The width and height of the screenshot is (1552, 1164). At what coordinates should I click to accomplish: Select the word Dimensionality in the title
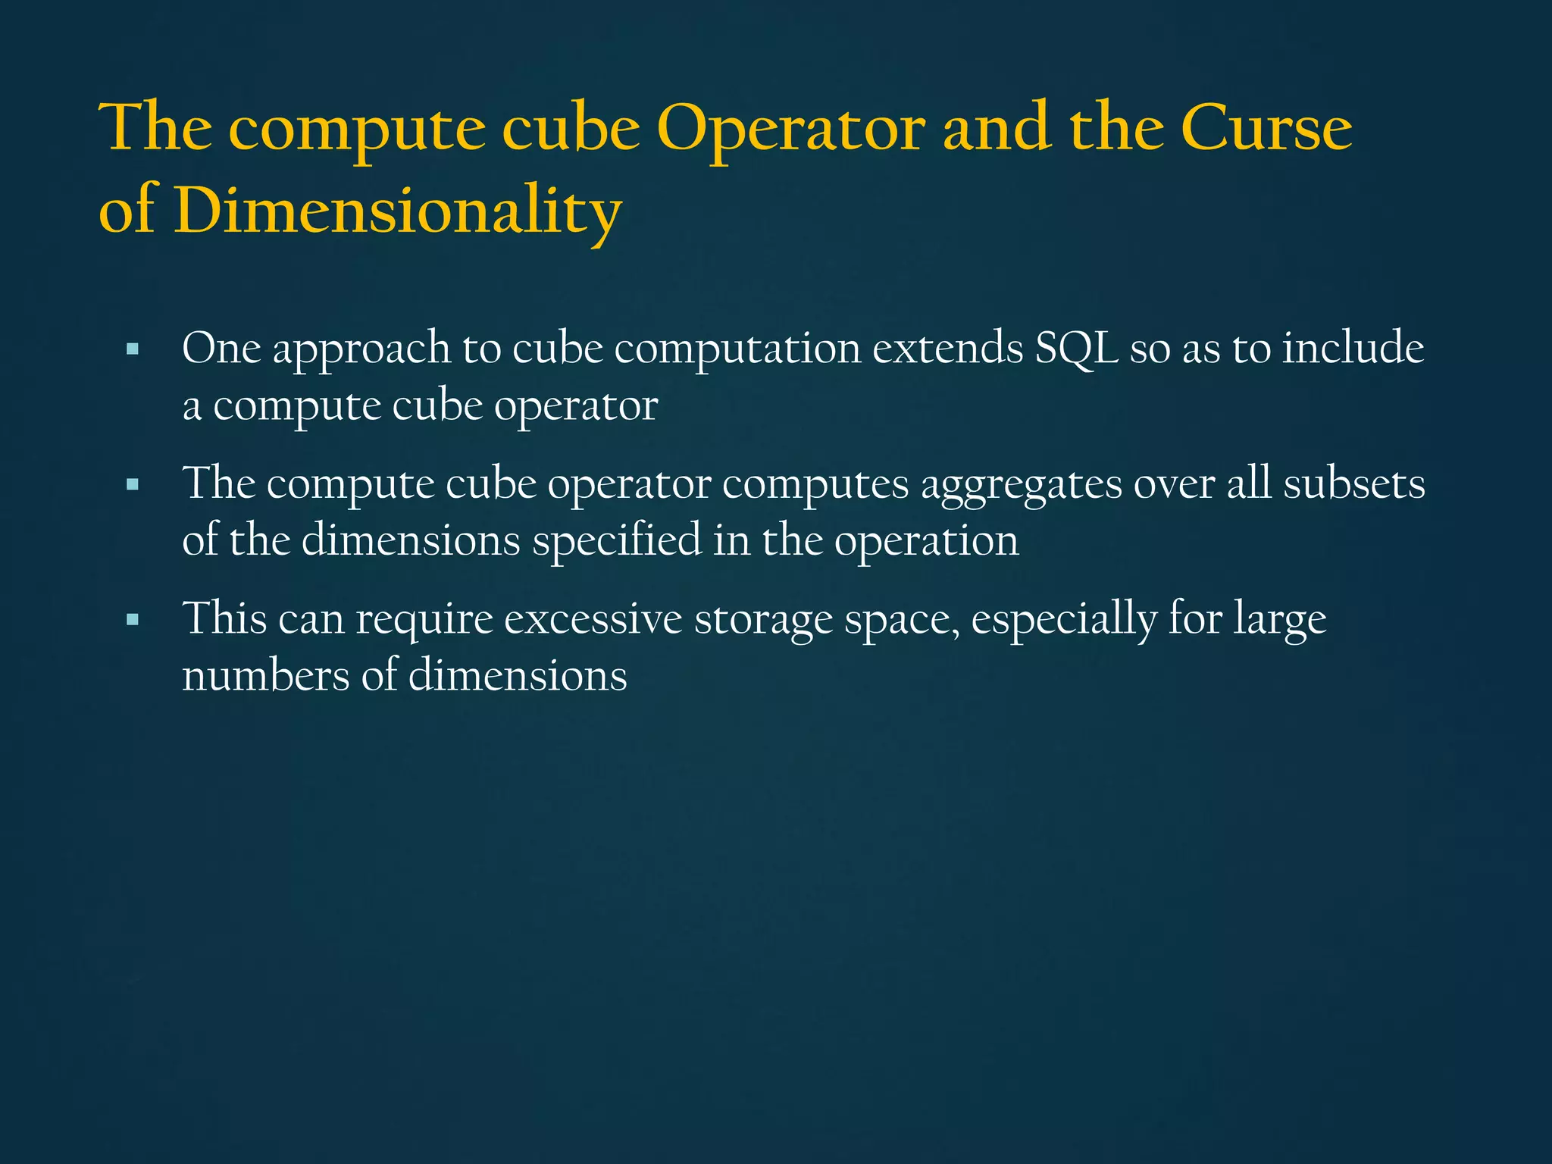[x=398, y=211]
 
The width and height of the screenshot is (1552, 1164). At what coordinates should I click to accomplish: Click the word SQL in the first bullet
[x=1076, y=349]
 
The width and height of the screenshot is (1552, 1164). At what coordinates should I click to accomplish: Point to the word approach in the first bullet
[x=361, y=351]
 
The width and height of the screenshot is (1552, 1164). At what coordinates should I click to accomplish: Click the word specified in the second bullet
[x=616, y=543]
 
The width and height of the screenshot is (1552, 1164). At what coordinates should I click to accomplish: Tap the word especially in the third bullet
[x=1064, y=621]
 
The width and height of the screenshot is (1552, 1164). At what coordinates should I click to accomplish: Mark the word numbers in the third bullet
[x=266, y=676]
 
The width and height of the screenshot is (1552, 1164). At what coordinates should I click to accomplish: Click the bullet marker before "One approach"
[x=133, y=350]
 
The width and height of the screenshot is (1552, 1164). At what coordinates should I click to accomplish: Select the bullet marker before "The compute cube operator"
[x=133, y=485]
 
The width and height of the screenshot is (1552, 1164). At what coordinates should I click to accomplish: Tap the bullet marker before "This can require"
[x=133, y=620]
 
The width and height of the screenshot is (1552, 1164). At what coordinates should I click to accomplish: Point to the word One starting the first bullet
[x=221, y=349]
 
